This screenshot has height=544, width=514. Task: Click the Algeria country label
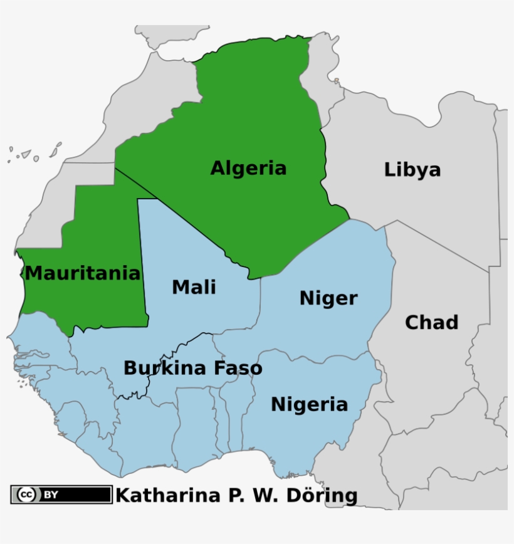(x=248, y=169)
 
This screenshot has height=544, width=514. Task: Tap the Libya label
(x=412, y=170)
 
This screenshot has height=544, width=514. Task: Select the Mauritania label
(x=83, y=274)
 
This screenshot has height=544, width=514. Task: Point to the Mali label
(x=194, y=287)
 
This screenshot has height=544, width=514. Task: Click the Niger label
(x=328, y=298)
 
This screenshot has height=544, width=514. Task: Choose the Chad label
(x=431, y=323)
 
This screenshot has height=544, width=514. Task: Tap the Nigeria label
(x=309, y=405)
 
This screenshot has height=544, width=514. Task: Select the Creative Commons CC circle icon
(x=26, y=494)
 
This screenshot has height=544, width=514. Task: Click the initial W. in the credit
(x=267, y=495)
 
